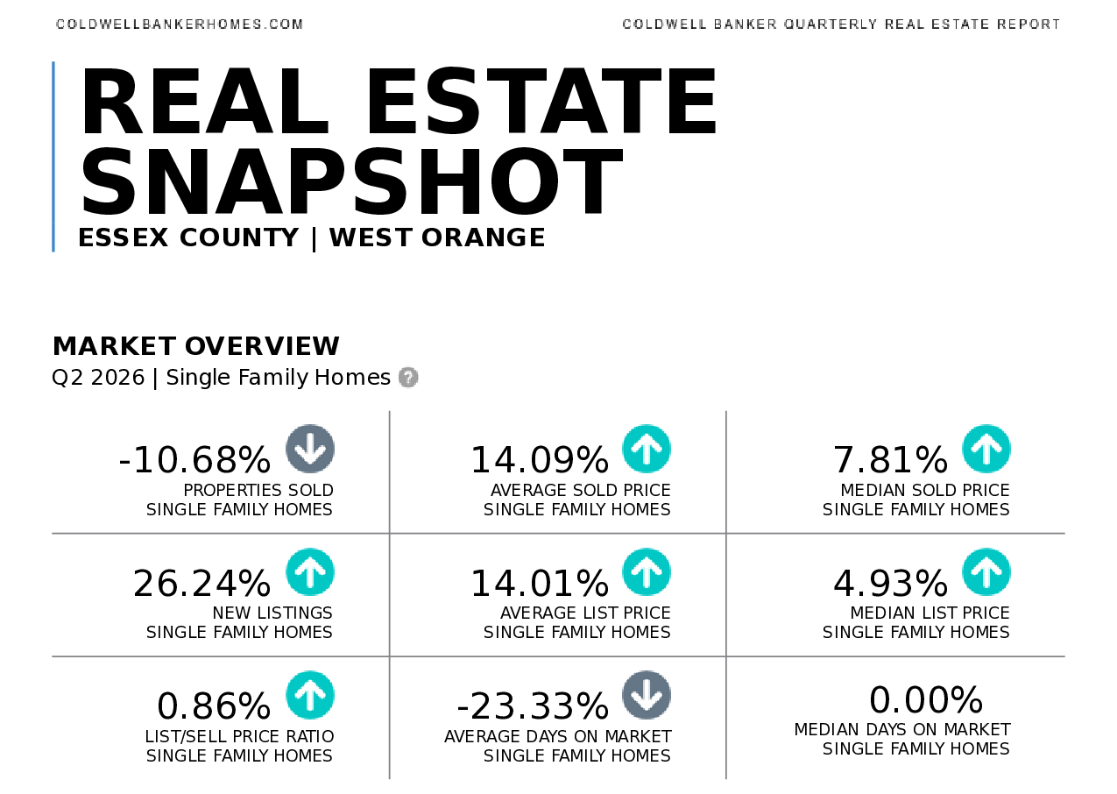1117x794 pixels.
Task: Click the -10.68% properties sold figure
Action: pyautogui.click(x=194, y=459)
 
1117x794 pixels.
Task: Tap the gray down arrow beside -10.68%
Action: pyautogui.click(x=309, y=449)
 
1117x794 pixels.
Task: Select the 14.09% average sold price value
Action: pyautogui.click(x=540, y=459)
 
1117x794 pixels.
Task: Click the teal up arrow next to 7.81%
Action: pyautogui.click(x=986, y=449)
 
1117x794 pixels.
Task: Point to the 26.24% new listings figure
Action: pyautogui.click(x=201, y=583)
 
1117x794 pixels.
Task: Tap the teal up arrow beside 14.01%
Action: pyautogui.click(x=647, y=572)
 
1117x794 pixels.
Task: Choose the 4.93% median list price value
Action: pyautogui.click(x=891, y=583)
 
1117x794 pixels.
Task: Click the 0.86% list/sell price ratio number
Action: pyautogui.click(x=214, y=705)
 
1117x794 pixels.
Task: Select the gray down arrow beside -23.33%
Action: pyautogui.click(x=647, y=695)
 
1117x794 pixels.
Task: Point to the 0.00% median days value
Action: pyautogui.click(x=926, y=699)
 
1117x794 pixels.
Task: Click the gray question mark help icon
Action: pyautogui.click(x=408, y=377)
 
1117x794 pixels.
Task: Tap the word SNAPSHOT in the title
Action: pyautogui.click(x=351, y=181)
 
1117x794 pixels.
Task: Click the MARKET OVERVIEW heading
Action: pyautogui.click(x=196, y=346)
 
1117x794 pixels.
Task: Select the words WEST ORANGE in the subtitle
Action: pyautogui.click(x=437, y=237)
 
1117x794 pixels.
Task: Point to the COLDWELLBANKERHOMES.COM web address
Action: pyautogui.click(x=180, y=25)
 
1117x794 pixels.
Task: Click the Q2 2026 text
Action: pyautogui.click(x=98, y=378)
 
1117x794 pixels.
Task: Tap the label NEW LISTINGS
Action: pyautogui.click(x=272, y=613)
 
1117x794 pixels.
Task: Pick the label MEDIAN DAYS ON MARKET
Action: pyautogui.click(x=902, y=729)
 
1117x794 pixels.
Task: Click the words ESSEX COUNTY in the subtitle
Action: pyautogui.click(x=188, y=237)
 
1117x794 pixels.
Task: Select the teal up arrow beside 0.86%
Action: pyautogui.click(x=309, y=695)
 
